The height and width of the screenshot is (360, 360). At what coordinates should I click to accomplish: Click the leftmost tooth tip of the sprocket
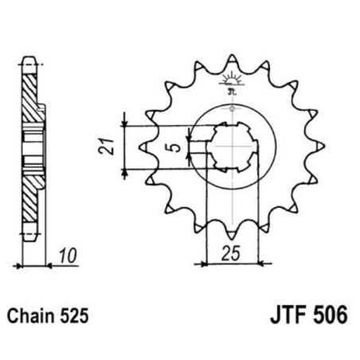(x=143, y=147)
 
